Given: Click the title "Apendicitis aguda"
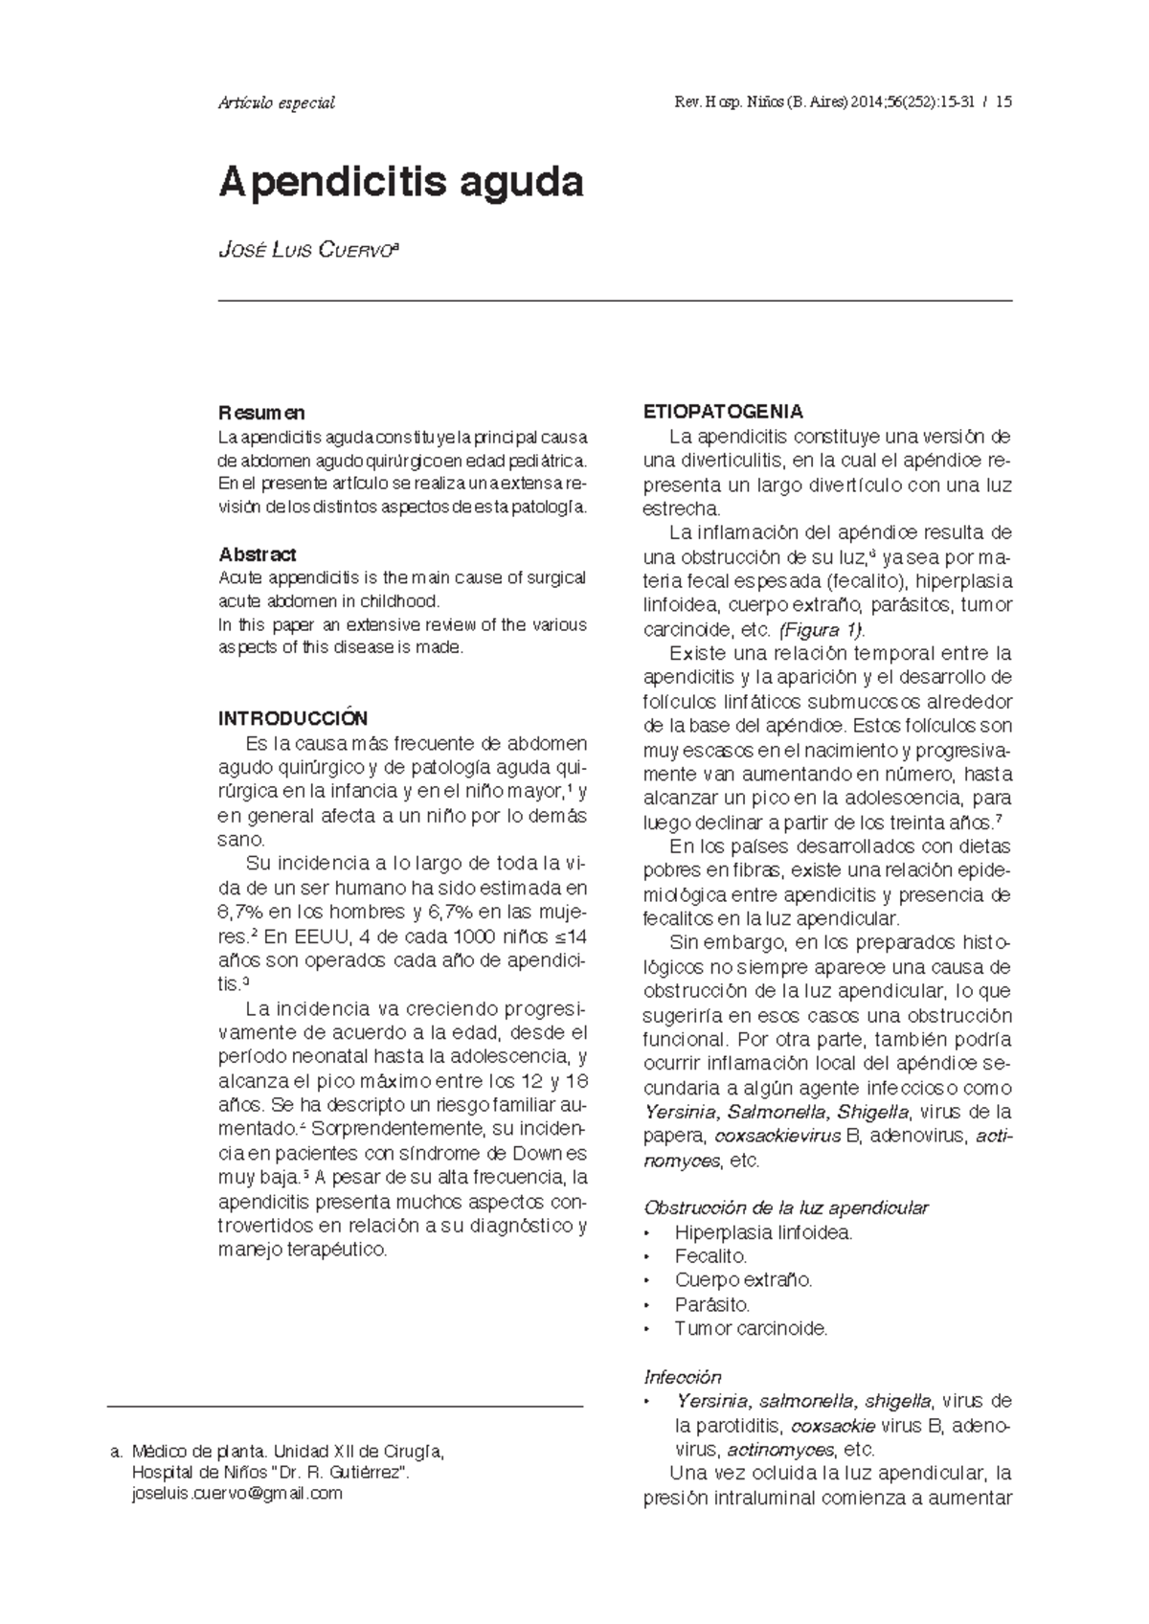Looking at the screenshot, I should pos(401,182).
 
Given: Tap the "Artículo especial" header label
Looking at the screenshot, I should pos(277,103).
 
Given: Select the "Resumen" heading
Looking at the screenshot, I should pos(261,413).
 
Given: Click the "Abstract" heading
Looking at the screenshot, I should pos(257,554).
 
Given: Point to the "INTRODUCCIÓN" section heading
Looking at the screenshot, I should pos(293,719).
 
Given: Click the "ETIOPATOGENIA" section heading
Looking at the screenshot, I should pos(723,413).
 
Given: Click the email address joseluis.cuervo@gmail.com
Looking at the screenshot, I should pos(236,1493).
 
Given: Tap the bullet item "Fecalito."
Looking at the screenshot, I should pos(710,1256).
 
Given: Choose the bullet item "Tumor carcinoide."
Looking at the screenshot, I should pos(751,1329).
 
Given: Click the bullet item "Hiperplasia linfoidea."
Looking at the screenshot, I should pos(763,1232).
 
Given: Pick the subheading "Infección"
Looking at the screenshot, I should pos(682,1377).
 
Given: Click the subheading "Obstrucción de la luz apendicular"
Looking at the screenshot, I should pos(786,1208).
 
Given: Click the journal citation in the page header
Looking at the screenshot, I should pos(843,103).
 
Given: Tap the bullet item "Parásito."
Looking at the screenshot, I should pos(712,1305).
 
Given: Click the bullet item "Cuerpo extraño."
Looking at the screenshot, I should pos(743,1280).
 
